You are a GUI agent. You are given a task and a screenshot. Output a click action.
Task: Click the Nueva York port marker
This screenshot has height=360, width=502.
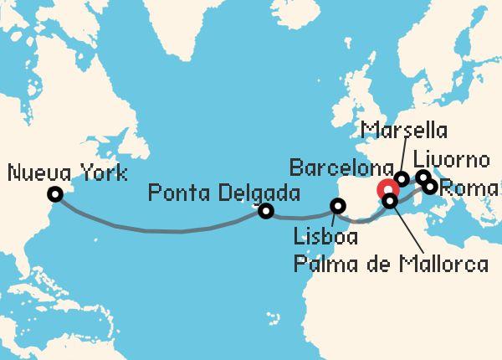pos(55,194)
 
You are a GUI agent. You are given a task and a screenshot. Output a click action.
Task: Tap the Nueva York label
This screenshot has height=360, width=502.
pos(66,174)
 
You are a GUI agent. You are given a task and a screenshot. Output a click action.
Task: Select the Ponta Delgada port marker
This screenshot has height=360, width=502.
pos(266,211)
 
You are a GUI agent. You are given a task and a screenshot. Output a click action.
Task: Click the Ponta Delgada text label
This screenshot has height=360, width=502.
pos(223,193)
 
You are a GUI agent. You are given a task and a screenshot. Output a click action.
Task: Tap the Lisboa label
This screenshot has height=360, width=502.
pos(325,237)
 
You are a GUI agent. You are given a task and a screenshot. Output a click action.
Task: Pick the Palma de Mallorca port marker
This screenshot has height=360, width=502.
pos(390,201)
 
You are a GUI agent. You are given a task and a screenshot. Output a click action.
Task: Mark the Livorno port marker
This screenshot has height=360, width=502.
pos(424,177)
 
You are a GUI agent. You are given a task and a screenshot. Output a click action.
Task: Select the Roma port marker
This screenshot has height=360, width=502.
pos(431,187)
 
